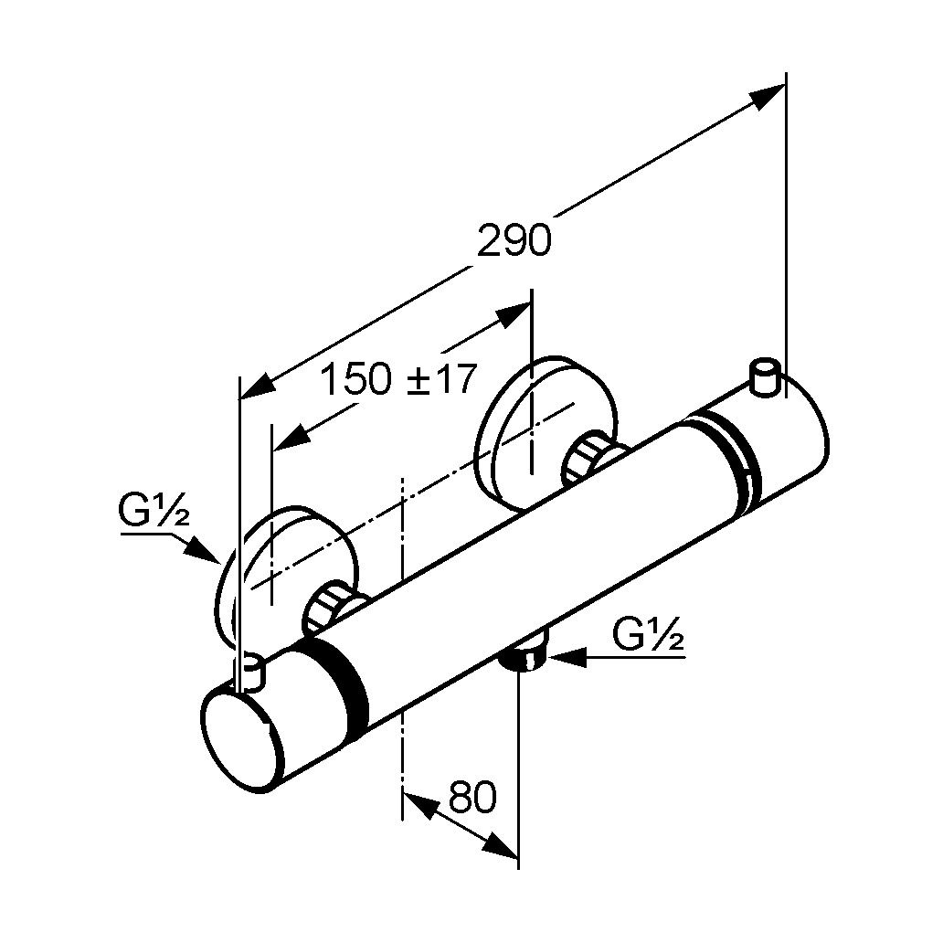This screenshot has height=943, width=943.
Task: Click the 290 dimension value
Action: (x=514, y=241)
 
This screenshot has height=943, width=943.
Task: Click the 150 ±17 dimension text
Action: (x=398, y=378)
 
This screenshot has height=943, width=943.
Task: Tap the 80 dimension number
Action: (x=472, y=798)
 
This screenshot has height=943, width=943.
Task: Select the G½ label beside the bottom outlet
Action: (x=649, y=634)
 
